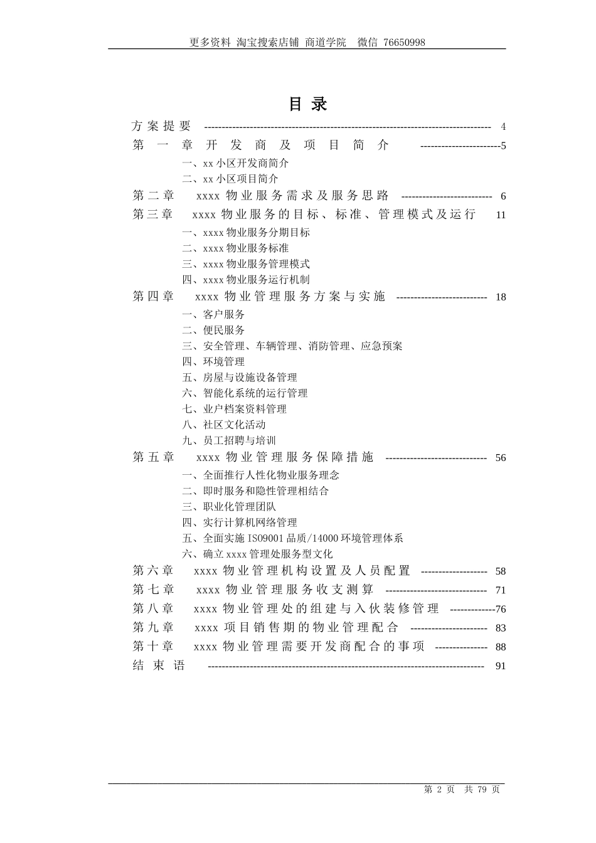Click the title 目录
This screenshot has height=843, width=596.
tap(307, 104)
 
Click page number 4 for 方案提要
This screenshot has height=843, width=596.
tap(503, 127)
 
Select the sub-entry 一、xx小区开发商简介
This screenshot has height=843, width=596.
tap(235, 163)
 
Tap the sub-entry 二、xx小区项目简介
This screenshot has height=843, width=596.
tap(230, 179)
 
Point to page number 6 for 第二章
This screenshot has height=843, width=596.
tap(503, 196)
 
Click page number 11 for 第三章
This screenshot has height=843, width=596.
tap(500, 215)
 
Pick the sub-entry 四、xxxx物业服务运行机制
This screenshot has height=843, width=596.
tap(246, 280)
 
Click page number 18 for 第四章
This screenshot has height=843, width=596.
tap(500, 297)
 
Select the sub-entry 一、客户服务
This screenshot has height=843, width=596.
tap(213, 314)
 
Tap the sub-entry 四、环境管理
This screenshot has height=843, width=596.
tap(213, 362)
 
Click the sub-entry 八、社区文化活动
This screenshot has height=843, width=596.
tap(224, 425)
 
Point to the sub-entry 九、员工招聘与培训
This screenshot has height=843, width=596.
tap(229, 441)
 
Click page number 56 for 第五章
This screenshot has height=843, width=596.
tap(500, 458)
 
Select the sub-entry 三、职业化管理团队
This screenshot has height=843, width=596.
tap(229, 507)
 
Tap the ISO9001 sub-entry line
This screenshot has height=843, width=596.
tap(292, 538)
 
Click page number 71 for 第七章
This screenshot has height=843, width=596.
tap(500, 590)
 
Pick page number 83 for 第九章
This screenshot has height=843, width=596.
tap(500, 628)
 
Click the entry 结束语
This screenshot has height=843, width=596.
tap(159, 665)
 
